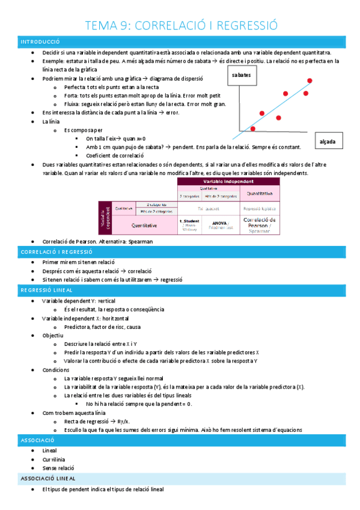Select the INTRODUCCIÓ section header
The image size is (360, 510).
[40, 42]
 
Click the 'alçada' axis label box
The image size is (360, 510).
[328, 143]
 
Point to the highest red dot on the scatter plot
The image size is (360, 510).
[310, 81]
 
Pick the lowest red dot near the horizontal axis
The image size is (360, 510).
[252, 129]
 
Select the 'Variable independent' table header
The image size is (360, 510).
[231, 181]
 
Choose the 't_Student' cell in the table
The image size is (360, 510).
[189, 224]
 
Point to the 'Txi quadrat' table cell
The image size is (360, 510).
[208, 208]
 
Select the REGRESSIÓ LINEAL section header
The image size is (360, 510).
[47, 290]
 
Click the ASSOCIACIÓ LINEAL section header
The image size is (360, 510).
[47, 478]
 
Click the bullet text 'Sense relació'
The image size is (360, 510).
[58, 468]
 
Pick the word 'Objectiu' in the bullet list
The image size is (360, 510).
[54, 335]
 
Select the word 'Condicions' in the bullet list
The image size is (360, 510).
[56, 370]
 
